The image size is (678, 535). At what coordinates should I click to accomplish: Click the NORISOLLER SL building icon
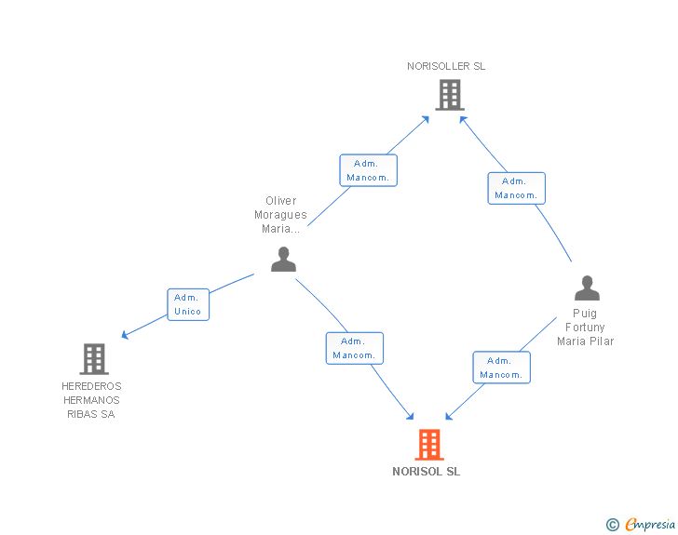(x=449, y=94)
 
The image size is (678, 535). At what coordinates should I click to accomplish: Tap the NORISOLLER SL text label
(x=446, y=66)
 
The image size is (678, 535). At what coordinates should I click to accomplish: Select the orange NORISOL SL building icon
(x=428, y=445)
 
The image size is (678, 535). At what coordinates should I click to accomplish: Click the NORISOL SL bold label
(x=427, y=472)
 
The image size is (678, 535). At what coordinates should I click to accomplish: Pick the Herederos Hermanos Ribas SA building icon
(x=93, y=358)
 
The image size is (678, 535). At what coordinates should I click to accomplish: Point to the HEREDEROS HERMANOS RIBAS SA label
(x=91, y=400)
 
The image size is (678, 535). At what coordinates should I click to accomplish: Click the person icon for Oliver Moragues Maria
(x=283, y=260)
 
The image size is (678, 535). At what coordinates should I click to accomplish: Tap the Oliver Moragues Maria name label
(x=280, y=215)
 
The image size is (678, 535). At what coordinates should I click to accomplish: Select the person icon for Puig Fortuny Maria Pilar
(x=586, y=288)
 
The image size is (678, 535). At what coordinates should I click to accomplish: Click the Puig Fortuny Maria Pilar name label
(x=585, y=328)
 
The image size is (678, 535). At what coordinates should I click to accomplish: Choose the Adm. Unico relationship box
(x=188, y=304)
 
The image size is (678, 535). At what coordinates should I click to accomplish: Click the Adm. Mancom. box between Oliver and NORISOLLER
(x=368, y=170)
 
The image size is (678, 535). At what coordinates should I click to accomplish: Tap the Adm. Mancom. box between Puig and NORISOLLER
(x=516, y=188)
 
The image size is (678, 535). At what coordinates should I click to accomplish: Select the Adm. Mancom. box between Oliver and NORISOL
(x=354, y=348)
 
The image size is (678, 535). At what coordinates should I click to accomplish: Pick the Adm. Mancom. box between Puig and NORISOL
(x=501, y=368)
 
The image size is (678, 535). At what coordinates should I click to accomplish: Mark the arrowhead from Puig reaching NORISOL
(x=450, y=415)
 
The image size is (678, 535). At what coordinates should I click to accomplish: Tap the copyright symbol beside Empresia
(x=612, y=526)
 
